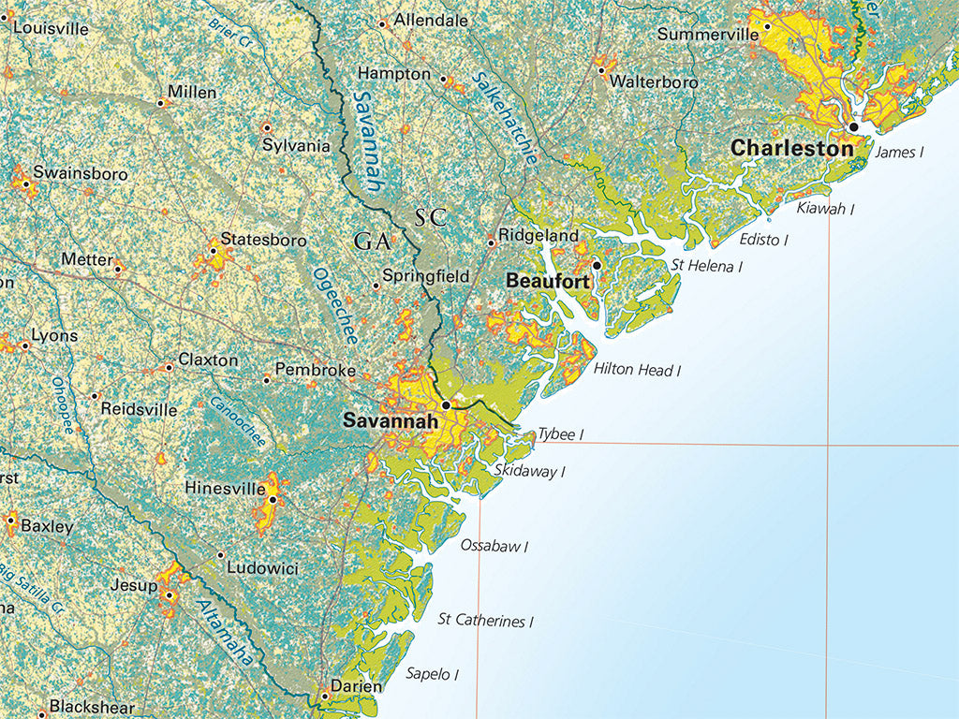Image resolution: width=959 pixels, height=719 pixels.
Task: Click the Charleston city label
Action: (x=791, y=148)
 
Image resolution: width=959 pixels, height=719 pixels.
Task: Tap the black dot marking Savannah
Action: (x=447, y=405)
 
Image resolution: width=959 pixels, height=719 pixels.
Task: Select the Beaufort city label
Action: (x=547, y=281)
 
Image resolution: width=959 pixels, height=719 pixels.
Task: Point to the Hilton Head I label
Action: (x=637, y=371)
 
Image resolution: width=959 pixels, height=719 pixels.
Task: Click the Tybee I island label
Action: (x=560, y=434)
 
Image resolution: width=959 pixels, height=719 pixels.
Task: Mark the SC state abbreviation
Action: (x=432, y=218)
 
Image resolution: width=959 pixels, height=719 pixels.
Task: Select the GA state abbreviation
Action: (x=371, y=242)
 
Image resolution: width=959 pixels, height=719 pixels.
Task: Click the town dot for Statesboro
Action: (x=214, y=251)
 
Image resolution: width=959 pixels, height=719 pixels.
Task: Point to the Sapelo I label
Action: (x=432, y=673)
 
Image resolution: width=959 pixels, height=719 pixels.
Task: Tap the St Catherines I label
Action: (x=485, y=620)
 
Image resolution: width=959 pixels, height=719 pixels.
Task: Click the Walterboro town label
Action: (x=654, y=82)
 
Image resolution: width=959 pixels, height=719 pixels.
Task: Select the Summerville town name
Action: (x=708, y=35)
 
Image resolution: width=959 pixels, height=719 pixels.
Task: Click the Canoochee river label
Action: (x=238, y=422)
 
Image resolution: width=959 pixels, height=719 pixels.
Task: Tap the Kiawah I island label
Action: (x=825, y=209)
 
